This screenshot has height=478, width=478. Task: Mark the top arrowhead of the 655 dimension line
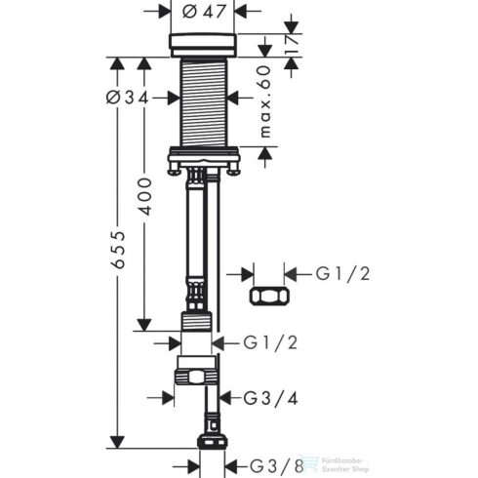coord(116,64)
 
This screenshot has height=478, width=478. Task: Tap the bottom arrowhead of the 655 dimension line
coord(116,441)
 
